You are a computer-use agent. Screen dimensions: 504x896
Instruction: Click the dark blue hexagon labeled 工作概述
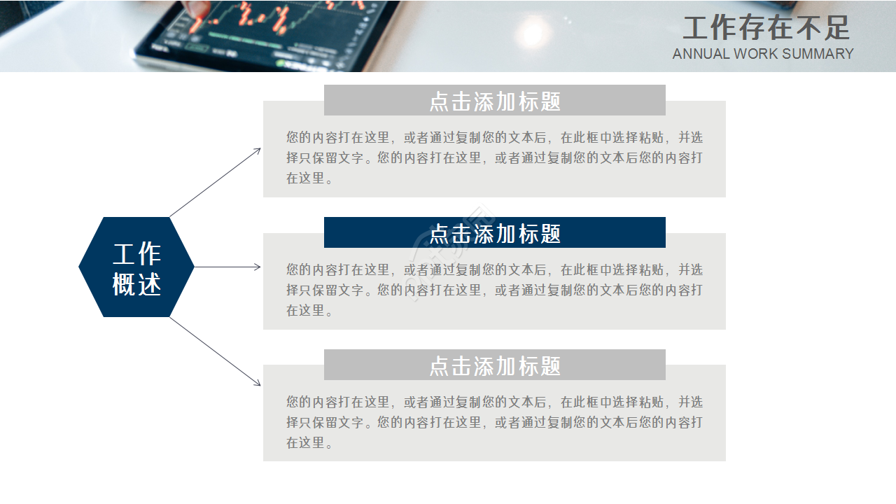coord(136,267)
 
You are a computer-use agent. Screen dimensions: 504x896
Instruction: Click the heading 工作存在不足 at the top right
coord(766,28)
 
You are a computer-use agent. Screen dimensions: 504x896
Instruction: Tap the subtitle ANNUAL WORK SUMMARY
coord(763,54)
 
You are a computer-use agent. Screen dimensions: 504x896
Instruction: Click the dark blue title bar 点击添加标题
coord(494,233)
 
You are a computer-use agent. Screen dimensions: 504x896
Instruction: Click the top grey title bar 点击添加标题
coord(494,101)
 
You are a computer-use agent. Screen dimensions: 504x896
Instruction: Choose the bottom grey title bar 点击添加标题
coord(494,365)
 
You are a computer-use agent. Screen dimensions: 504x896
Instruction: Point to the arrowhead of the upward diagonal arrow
coord(258,150)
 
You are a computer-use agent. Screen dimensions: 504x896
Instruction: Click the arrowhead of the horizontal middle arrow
coord(258,267)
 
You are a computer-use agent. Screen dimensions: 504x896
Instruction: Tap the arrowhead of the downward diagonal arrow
coord(258,384)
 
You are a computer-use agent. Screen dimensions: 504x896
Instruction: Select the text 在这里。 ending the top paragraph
coord(309,178)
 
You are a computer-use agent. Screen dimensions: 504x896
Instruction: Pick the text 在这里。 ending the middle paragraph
coord(309,310)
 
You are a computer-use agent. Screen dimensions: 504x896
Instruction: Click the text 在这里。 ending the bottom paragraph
coord(309,442)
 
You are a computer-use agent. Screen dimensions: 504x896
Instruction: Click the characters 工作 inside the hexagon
coord(137,253)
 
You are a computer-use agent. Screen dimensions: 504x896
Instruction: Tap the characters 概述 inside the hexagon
coord(137,284)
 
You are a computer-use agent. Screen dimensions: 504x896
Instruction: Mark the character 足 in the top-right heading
coord(836,28)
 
